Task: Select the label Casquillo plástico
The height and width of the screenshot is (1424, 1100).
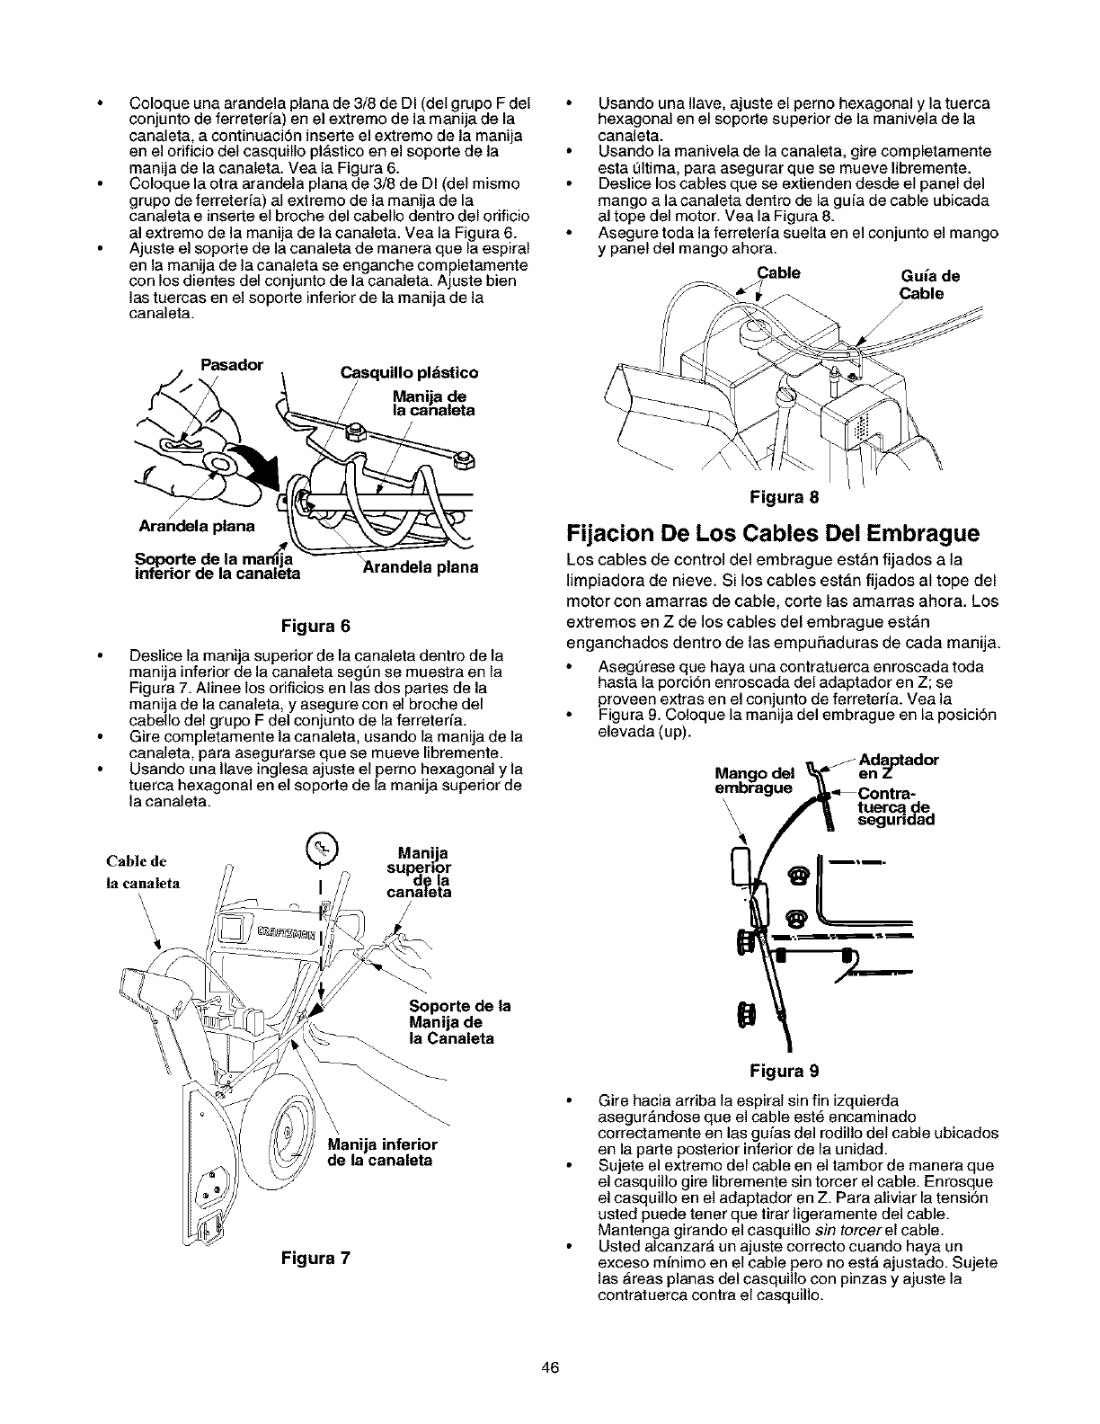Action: point(408,372)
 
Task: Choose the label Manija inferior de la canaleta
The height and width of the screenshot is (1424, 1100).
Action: point(382,1152)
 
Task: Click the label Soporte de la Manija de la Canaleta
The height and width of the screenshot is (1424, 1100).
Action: point(458,1022)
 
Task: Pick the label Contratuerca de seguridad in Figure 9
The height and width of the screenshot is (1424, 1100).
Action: point(896,806)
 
